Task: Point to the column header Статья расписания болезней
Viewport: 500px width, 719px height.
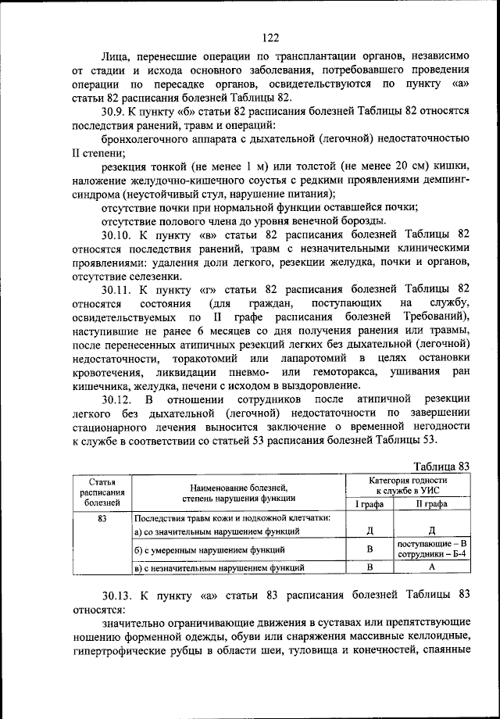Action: point(103,492)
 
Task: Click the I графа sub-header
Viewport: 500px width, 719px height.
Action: point(370,505)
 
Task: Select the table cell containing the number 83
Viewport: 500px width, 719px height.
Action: point(102,517)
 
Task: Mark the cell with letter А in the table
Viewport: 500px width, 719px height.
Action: point(431,567)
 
